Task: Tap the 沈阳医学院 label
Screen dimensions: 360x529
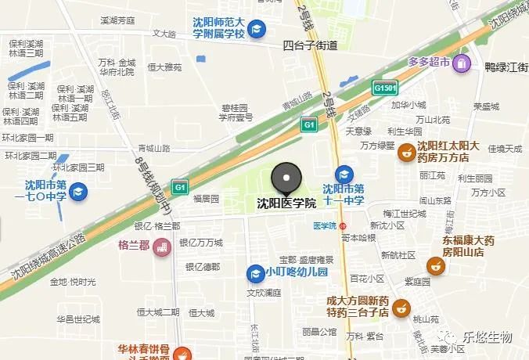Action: [286, 203]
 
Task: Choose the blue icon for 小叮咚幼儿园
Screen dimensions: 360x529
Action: [254, 273]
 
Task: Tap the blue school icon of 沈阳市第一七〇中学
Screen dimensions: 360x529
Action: [78, 190]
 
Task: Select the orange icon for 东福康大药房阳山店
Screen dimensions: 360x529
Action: [438, 267]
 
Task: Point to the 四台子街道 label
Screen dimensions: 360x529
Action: [310, 45]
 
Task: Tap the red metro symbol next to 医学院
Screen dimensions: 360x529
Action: [342, 225]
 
